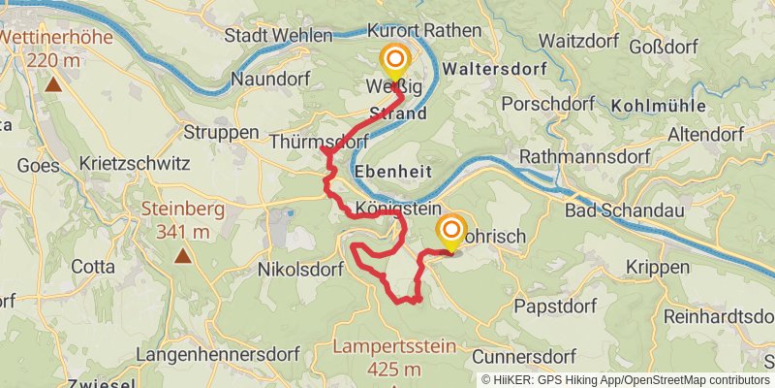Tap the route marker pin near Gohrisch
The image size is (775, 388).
pos(450,232)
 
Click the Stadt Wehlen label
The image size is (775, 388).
pos(278,35)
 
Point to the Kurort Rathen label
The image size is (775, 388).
pos(425,31)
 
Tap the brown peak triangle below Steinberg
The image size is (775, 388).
pos(183,257)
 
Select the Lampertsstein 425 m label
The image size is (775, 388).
pos(393,356)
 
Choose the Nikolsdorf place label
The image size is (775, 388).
pos(301,270)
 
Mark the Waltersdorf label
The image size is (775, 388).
pos(493,70)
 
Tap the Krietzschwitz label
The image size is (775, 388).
pos(136,164)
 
